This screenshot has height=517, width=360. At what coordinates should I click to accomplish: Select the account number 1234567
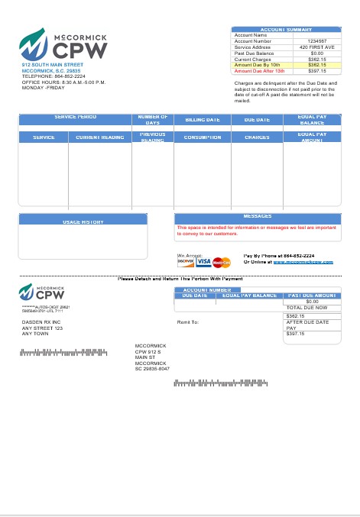click(316, 40)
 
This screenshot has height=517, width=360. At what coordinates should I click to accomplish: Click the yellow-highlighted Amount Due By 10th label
click(258, 65)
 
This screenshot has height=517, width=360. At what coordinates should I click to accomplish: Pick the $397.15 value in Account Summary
click(316, 70)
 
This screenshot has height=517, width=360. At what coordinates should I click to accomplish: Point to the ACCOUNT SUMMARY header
click(286, 29)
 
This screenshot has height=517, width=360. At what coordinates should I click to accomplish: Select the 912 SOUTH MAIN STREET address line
click(53, 66)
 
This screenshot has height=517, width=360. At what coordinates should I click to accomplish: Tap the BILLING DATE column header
click(203, 120)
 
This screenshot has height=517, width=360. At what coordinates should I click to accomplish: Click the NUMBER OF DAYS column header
click(153, 120)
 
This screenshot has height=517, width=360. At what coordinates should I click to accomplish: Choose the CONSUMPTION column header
click(203, 137)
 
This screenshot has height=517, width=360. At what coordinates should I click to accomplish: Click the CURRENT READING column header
click(99, 137)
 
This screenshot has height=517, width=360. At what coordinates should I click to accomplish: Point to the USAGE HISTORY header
click(83, 221)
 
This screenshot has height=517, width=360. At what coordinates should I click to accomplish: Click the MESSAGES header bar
click(257, 217)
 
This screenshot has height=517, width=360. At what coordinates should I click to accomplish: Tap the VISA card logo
click(203, 261)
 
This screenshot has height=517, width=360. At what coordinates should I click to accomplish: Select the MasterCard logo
click(222, 262)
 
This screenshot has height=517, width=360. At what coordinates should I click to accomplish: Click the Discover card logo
click(186, 261)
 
